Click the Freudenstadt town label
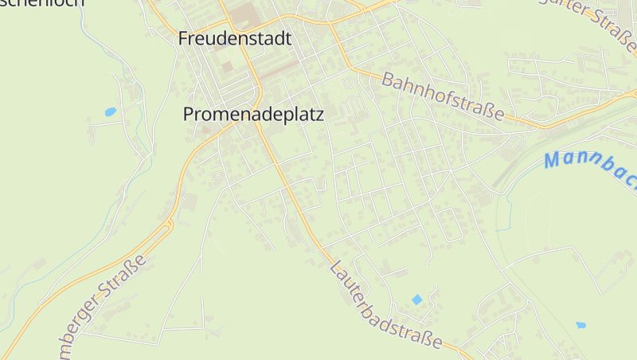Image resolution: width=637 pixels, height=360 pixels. pos(235,38)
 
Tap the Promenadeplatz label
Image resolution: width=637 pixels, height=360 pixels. pos(253,115)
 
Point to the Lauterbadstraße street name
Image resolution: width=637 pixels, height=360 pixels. pos(385,304)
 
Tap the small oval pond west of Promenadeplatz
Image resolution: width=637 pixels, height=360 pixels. pos(111,112)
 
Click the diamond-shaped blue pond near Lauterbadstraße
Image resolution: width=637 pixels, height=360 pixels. pos(417,299)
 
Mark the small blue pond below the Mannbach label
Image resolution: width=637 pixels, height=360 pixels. pos(580,325)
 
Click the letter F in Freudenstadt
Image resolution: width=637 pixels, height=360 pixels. pos(184,38)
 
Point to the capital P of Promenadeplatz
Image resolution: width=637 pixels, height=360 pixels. pos(189,115)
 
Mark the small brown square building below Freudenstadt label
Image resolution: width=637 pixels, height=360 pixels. pos(228,67)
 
